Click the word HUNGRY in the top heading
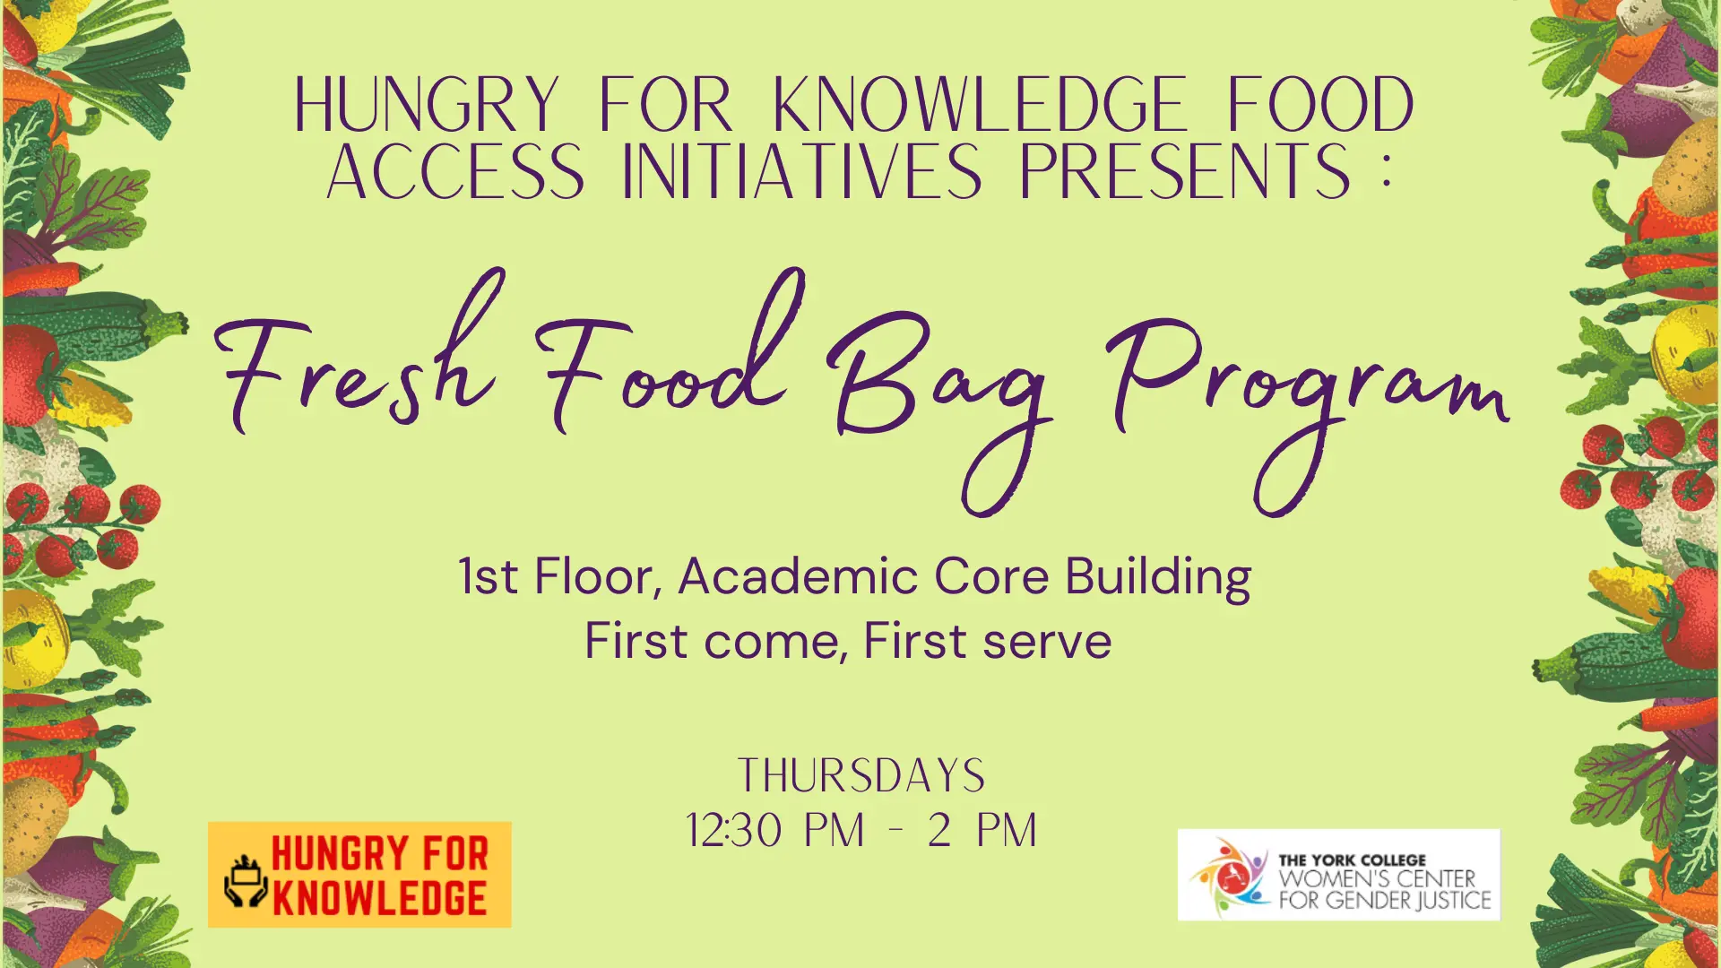coord(427,105)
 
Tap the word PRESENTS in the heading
coord(1185,171)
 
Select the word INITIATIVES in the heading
coord(801,171)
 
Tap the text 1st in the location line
coord(488,575)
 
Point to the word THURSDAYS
coord(861,775)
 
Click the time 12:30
coord(734,830)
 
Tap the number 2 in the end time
coord(939,830)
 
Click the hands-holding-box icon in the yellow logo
coord(245,881)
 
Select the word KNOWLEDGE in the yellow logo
coord(380,898)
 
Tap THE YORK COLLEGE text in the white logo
coord(1352,860)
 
